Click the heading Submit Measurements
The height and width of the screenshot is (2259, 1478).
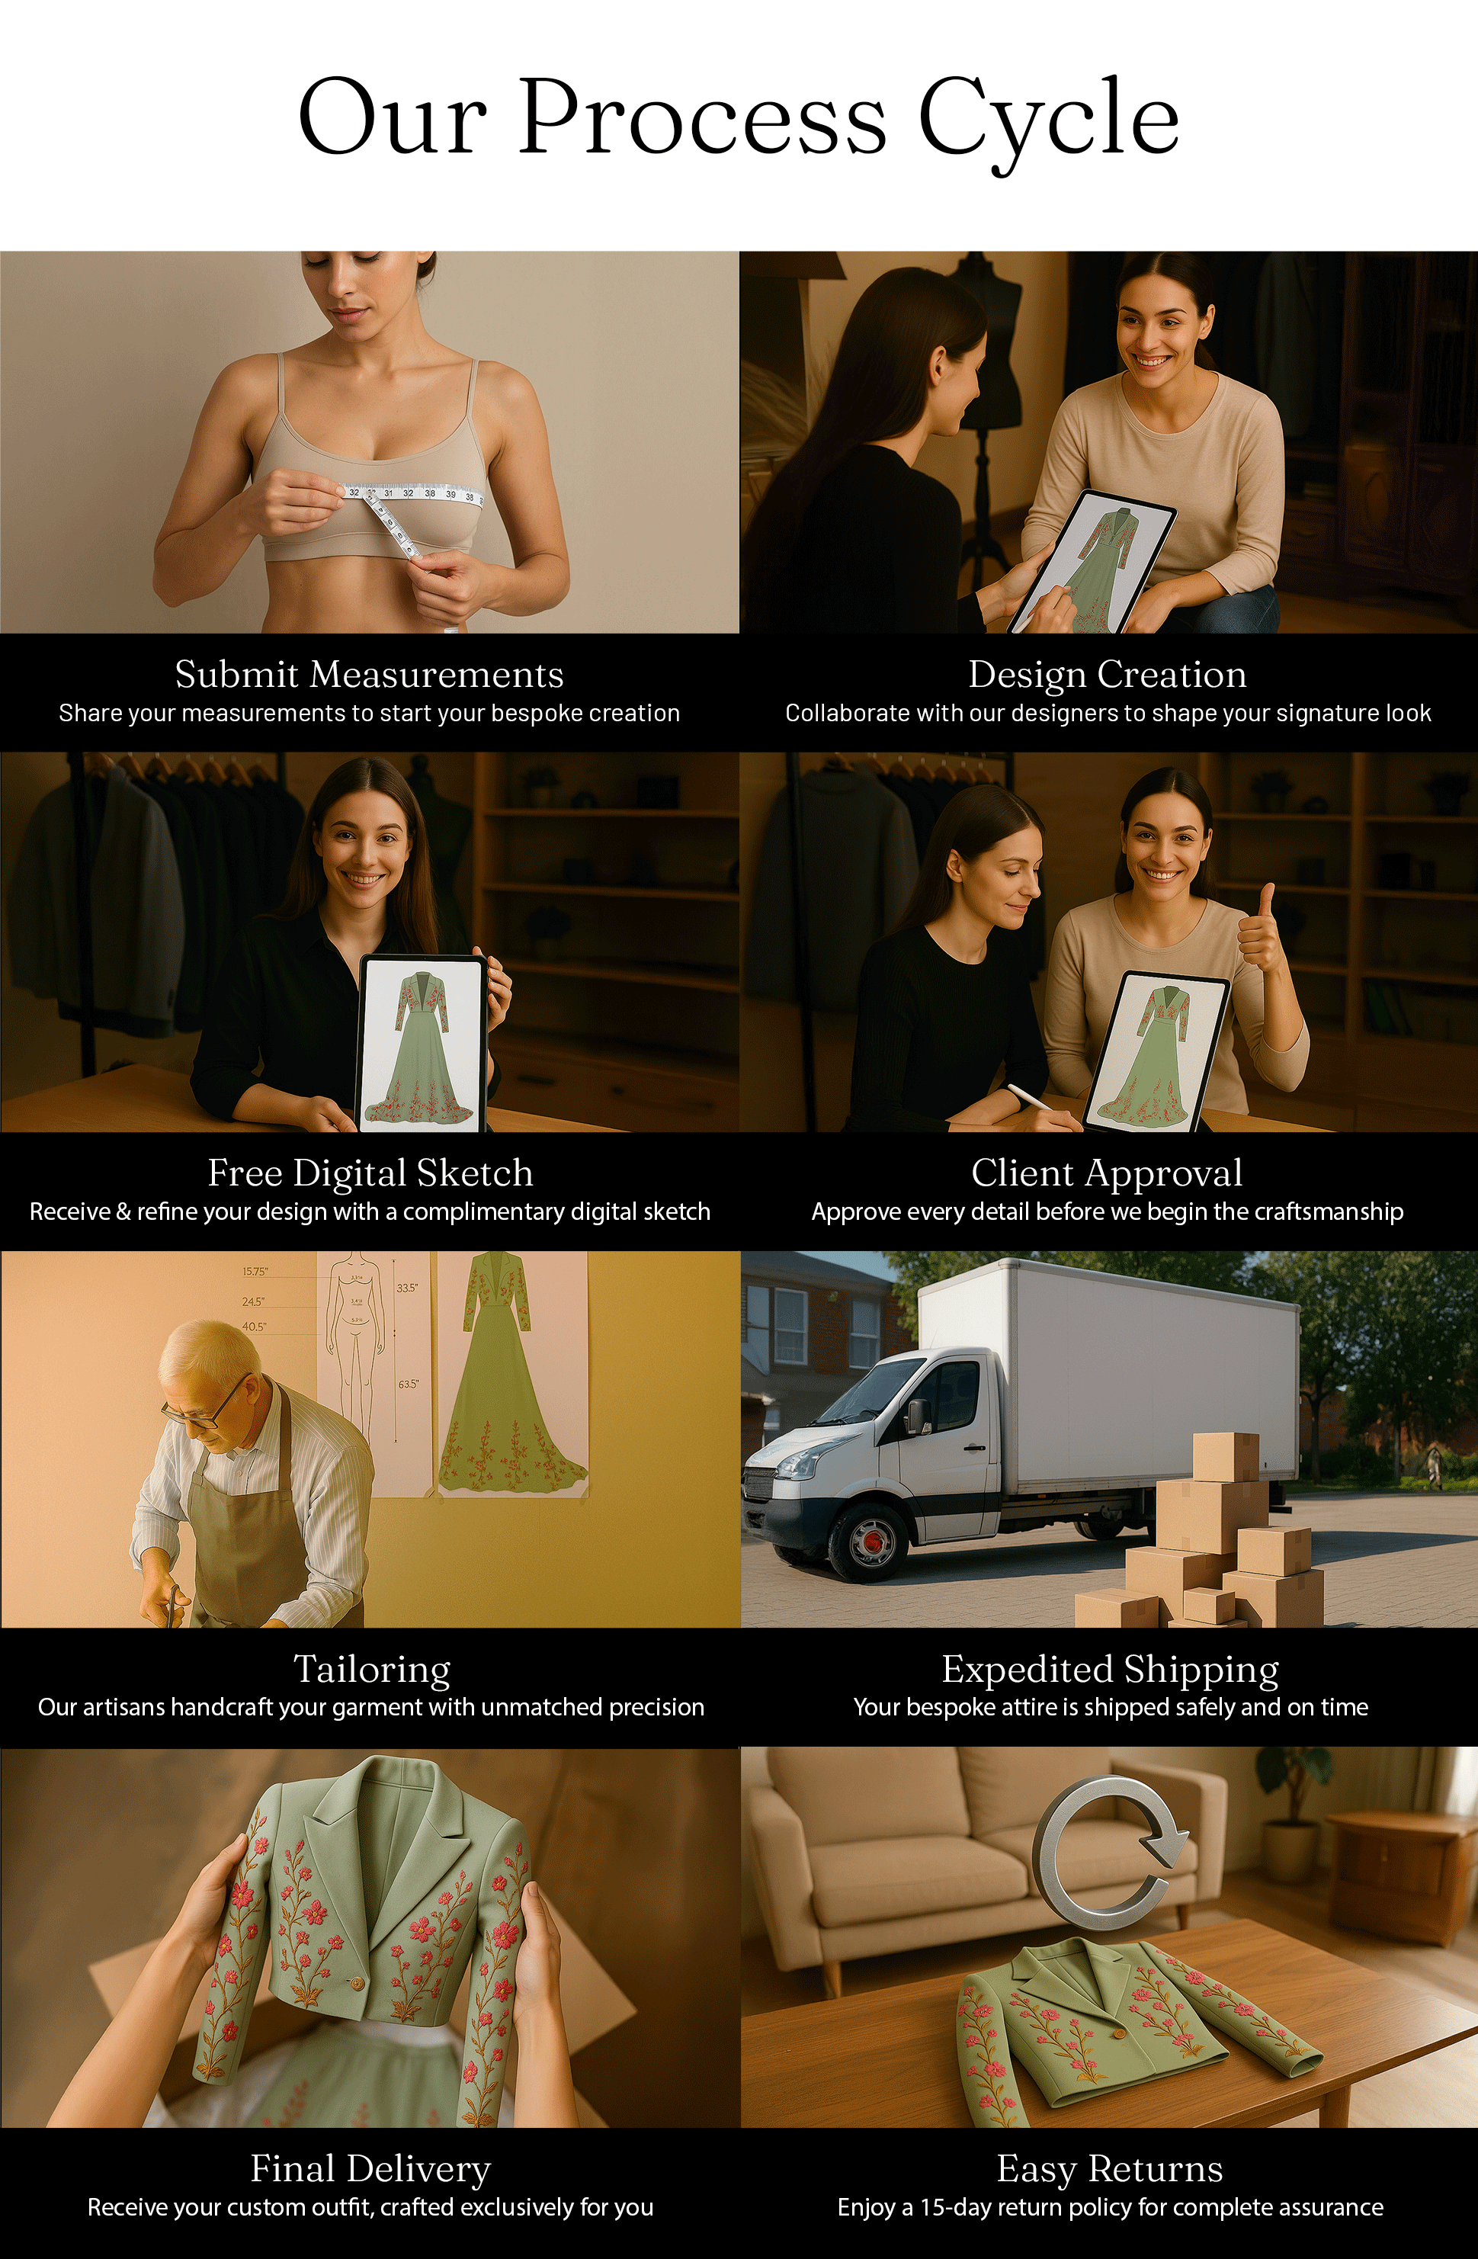(369, 674)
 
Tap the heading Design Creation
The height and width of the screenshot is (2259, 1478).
(1107, 675)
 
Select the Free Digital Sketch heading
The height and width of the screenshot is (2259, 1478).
(370, 1173)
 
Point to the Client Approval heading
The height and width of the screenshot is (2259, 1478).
(1107, 1173)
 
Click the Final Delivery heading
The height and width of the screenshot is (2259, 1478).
(370, 2169)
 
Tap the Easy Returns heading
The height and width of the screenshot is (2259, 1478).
(1110, 2169)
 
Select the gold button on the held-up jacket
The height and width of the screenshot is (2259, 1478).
(357, 1984)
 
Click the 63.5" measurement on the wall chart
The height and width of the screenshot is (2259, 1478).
(408, 1385)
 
